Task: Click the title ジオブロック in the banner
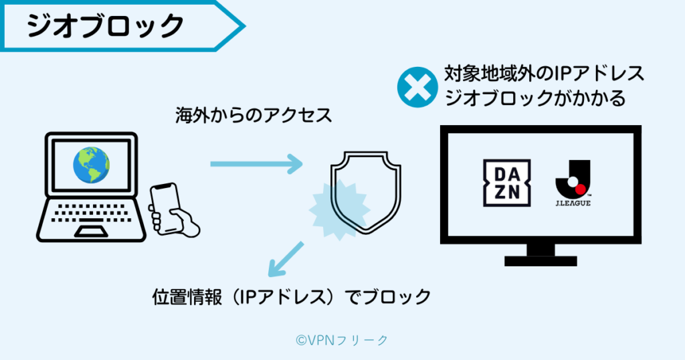[106, 26]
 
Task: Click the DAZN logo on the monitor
[506, 183]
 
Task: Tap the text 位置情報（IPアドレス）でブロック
[291, 296]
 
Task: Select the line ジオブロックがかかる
[535, 98]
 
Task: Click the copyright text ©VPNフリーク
[342, 340]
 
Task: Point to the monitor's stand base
[541, 260]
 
